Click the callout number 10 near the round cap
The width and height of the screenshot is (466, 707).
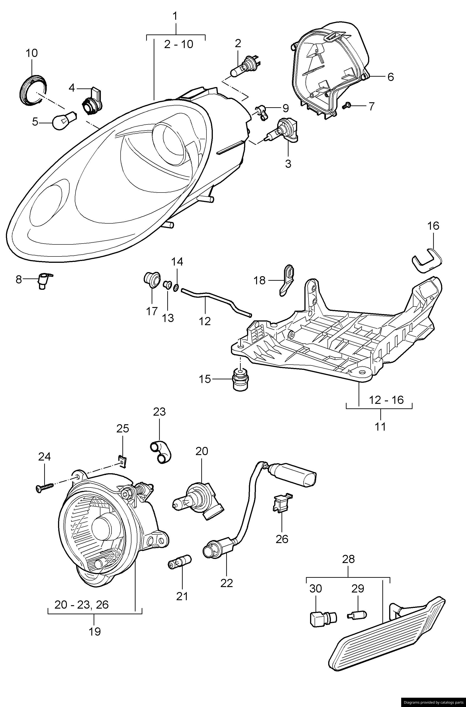[32, 53]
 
